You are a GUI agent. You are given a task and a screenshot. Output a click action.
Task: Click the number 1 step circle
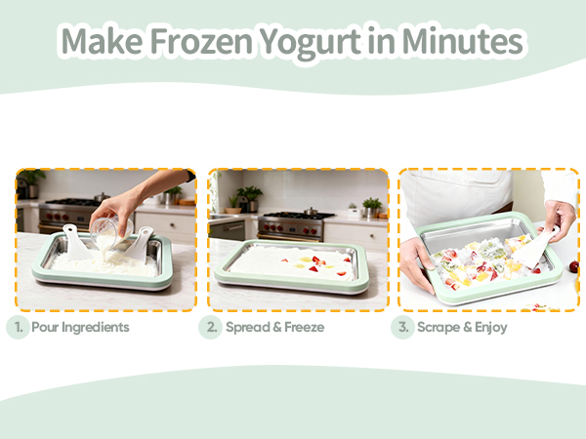(x=17, y=327)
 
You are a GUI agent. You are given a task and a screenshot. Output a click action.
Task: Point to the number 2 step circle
(x=210, y=327)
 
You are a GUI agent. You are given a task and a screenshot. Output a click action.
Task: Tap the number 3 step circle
(x=402, y=327)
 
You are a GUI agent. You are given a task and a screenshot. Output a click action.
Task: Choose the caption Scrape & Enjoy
(x=463, y=327)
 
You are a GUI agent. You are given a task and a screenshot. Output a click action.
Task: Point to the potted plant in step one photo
(x=31, y=180)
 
